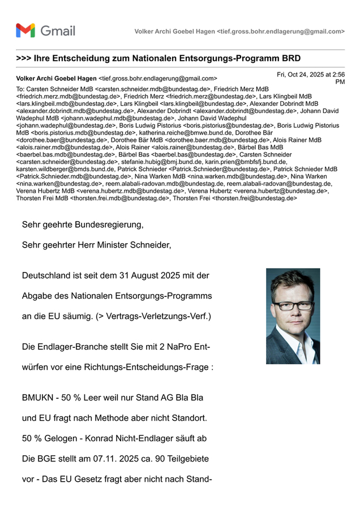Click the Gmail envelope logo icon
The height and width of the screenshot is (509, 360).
(x=25, y=31)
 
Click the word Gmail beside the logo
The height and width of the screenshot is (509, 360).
(x=58, y=31)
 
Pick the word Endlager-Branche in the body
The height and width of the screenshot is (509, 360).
(x=72, y=346)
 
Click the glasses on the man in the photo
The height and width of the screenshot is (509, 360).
(x=294, y=305)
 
